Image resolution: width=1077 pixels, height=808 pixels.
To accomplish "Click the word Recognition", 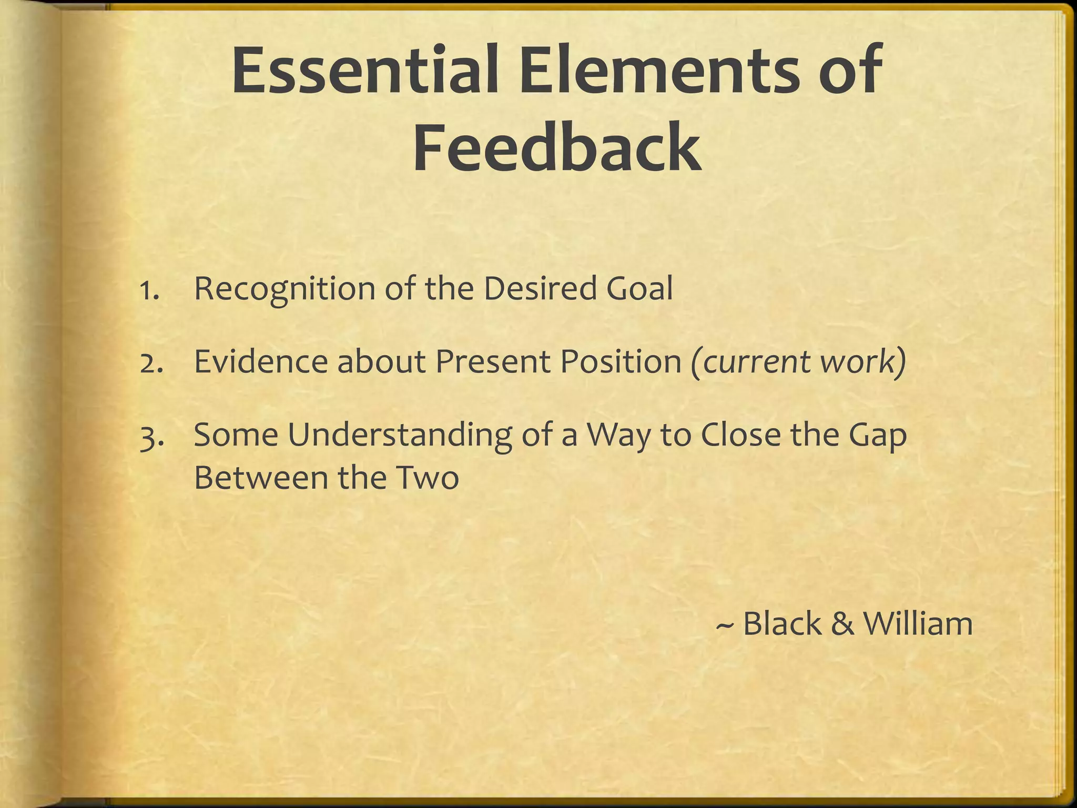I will (285, 290).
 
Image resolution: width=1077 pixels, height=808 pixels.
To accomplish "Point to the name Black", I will (782, 624).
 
